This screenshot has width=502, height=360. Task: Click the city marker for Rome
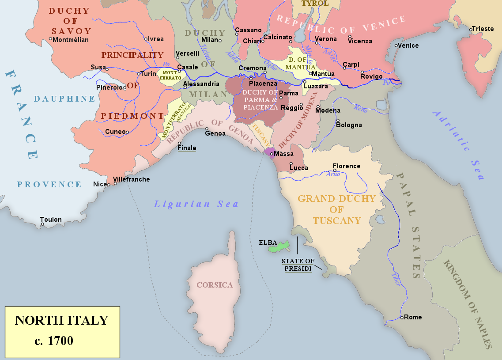tap(402, 318)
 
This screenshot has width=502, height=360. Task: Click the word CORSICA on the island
tap(215, 285)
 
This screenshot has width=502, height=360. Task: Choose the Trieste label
tap(483, 29)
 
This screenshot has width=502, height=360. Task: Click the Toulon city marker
tap(43, 224)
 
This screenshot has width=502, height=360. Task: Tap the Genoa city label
tap(215, 133)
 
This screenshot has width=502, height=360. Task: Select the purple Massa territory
tap(268, 152)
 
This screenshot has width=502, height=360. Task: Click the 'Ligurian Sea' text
tap(196, 204)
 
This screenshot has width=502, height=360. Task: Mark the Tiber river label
tap(396, 280)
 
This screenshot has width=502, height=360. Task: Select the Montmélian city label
tap(71, 40)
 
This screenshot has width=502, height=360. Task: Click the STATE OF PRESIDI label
tap(298, 265)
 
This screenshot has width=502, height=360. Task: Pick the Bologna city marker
tap(338, 120)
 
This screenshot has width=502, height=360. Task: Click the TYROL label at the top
tap(315, 4)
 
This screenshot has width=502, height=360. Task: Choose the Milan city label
tap(210, 40)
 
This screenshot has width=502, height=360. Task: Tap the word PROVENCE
tap(49, 185)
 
